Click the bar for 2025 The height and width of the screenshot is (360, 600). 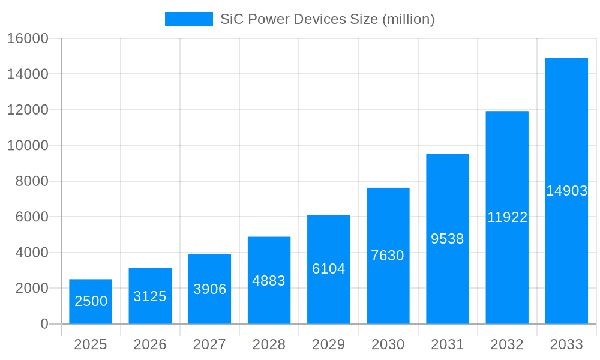91,301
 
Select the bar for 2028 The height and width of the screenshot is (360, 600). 269,280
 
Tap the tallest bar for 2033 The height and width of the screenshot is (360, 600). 566,191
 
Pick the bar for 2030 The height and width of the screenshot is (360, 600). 388,256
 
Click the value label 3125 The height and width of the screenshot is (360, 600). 150,296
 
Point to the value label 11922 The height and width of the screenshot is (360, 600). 507,217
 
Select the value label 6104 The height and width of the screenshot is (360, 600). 328,269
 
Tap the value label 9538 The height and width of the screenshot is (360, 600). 448,239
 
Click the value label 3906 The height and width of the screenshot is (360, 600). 209,289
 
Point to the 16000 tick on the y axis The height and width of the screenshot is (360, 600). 28,38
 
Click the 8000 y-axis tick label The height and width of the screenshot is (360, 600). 32,181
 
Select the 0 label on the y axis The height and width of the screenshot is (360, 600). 44,324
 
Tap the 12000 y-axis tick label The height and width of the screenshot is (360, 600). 28,110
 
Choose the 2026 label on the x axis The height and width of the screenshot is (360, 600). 150,344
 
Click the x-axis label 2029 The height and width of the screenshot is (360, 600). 328,344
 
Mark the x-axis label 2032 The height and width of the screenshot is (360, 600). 507,344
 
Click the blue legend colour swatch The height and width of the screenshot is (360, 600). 188,19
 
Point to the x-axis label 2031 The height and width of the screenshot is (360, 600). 448,344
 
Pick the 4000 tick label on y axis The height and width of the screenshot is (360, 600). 32,253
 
